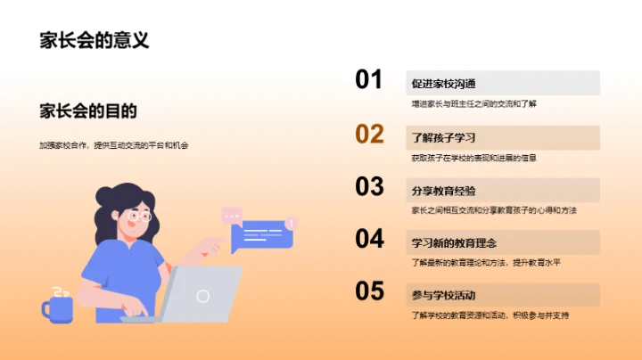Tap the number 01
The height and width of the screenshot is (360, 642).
coord(369,80)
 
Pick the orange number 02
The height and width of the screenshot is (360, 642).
coord(369,134)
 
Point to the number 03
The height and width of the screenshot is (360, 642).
coord(369,186)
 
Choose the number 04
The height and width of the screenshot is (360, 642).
coord(369,239)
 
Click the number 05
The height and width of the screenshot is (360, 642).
coord(369,291)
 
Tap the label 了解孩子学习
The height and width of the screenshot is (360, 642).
coord(443,138)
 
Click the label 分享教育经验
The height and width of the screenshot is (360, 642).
coord(443,191)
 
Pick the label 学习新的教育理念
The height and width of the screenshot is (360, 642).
coord(454,242)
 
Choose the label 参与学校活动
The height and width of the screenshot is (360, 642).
coord(443,295)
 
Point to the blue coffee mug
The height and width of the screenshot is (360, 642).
coord(58,307)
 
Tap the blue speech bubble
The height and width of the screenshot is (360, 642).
coord(260,237)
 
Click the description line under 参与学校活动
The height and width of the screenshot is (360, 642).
coord(490,315)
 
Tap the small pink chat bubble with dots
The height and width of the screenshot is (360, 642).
coord(232,214)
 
